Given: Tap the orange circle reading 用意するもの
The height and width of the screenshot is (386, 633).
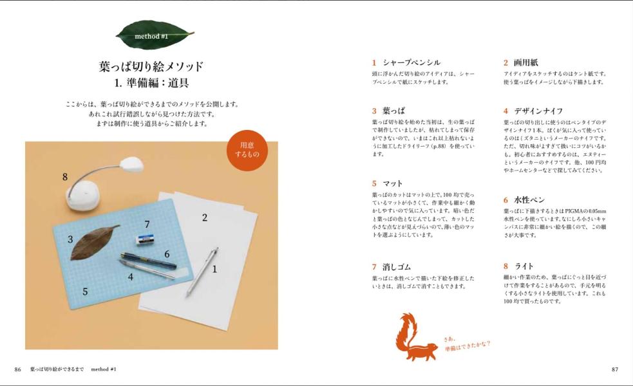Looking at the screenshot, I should click(248, 151).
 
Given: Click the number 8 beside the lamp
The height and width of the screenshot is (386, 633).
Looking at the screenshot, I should click(65, 177).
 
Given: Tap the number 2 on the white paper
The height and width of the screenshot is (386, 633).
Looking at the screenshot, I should click(205, 217).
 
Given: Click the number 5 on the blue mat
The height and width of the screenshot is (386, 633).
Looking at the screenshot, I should click(85, 292).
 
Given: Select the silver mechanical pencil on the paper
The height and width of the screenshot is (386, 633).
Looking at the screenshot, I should click(202, 271).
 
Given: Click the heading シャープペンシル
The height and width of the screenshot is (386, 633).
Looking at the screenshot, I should click(411, 62).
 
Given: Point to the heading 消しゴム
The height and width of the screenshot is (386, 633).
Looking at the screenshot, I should click(397, 266).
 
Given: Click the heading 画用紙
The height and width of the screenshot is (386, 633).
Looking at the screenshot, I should click(525, 62).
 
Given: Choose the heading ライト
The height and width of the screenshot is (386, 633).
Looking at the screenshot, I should click(524, 266).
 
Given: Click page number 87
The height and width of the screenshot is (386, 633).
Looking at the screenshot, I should click(614, 369).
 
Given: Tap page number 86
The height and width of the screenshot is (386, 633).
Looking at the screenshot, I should click(18, 369).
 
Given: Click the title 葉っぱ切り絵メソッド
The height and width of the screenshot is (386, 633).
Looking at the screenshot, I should click(151, 66).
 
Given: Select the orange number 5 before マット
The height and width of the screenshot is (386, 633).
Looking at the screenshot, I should click(374, 183).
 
